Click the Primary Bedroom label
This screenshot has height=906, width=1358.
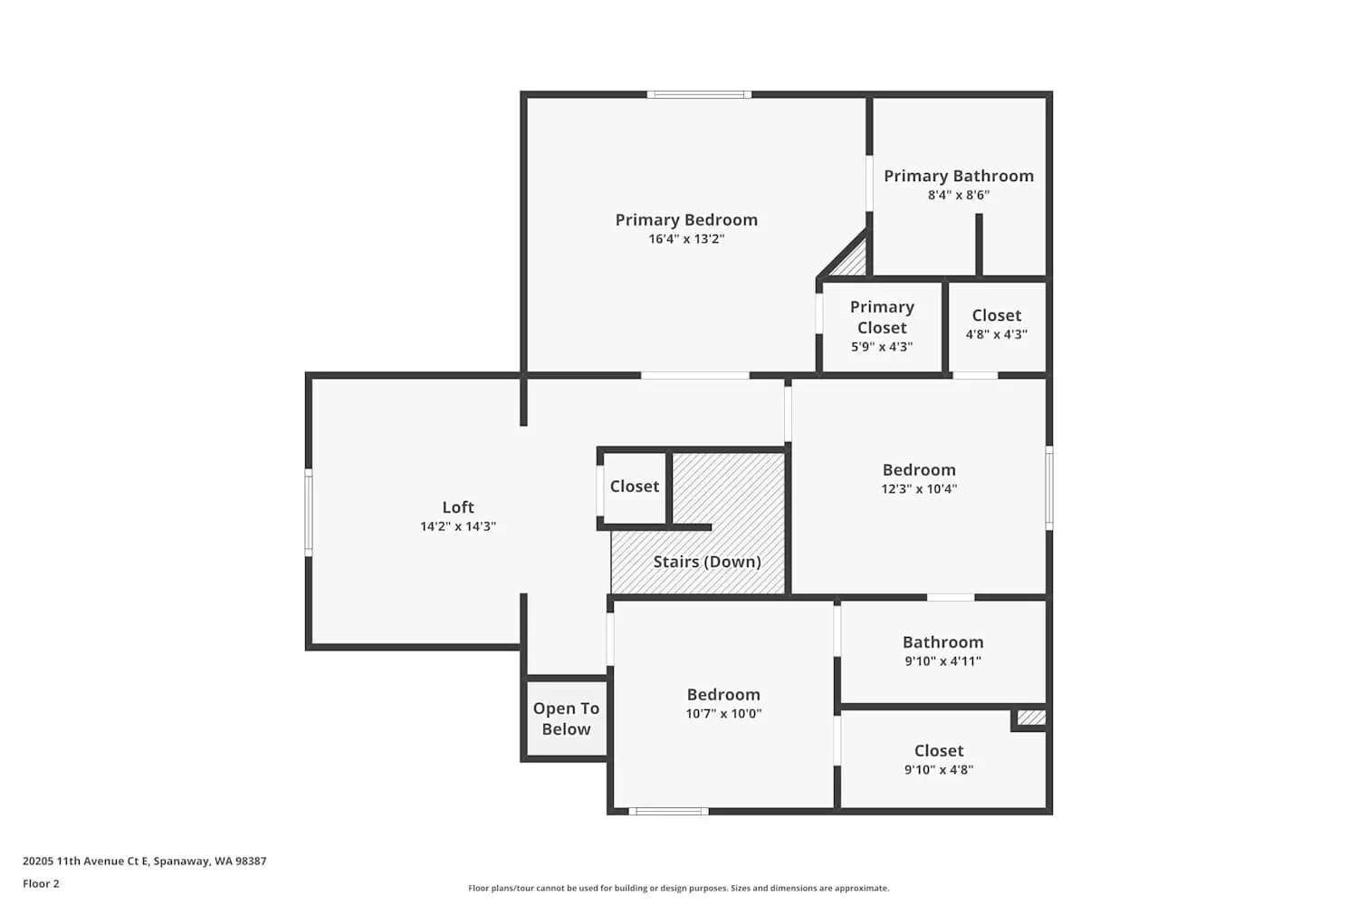pyautogui.click(x=686, y=220)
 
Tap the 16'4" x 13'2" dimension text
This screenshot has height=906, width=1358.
pyautogui.click(x=686, y=239)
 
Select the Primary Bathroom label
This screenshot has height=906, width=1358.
pyautogui.click(x=959, y=176)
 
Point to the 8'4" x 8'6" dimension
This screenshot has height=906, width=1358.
pyautogui.click(x=959, y=195)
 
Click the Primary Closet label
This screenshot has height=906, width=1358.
pyautogui.click(x=882, y=317)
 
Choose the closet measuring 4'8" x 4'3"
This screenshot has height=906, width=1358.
pyautogui.click(x=996, y=324)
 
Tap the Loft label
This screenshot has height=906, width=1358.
pyautogui.click(x=458, y=507)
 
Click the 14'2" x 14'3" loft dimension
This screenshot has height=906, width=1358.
pyautogui.click(x=458, y=526)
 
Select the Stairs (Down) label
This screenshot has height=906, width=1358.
pyautogui.click(x=707, y=562)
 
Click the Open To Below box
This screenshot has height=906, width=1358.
pyautogui.click(x=566, y=719)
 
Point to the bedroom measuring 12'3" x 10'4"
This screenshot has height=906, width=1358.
pyautogui.click(x=919, y=478)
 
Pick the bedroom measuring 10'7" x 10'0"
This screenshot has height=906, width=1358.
pyautogui.click(x=723, y=703)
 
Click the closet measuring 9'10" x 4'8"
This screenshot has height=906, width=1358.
pyautogui.click(x=939, y=759)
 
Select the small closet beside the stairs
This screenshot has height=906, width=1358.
pyautogui.click(x=634, y=487)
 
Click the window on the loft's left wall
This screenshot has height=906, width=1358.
pyautogui.click(x=309, y=511)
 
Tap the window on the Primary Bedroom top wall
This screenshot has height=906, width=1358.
pyautogui.click(x=698, y=94)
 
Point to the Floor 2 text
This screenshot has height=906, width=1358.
pyautogui.click(x=41, y=883)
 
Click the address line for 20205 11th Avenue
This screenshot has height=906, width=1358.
pyautogui.click(x=145, y=862)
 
